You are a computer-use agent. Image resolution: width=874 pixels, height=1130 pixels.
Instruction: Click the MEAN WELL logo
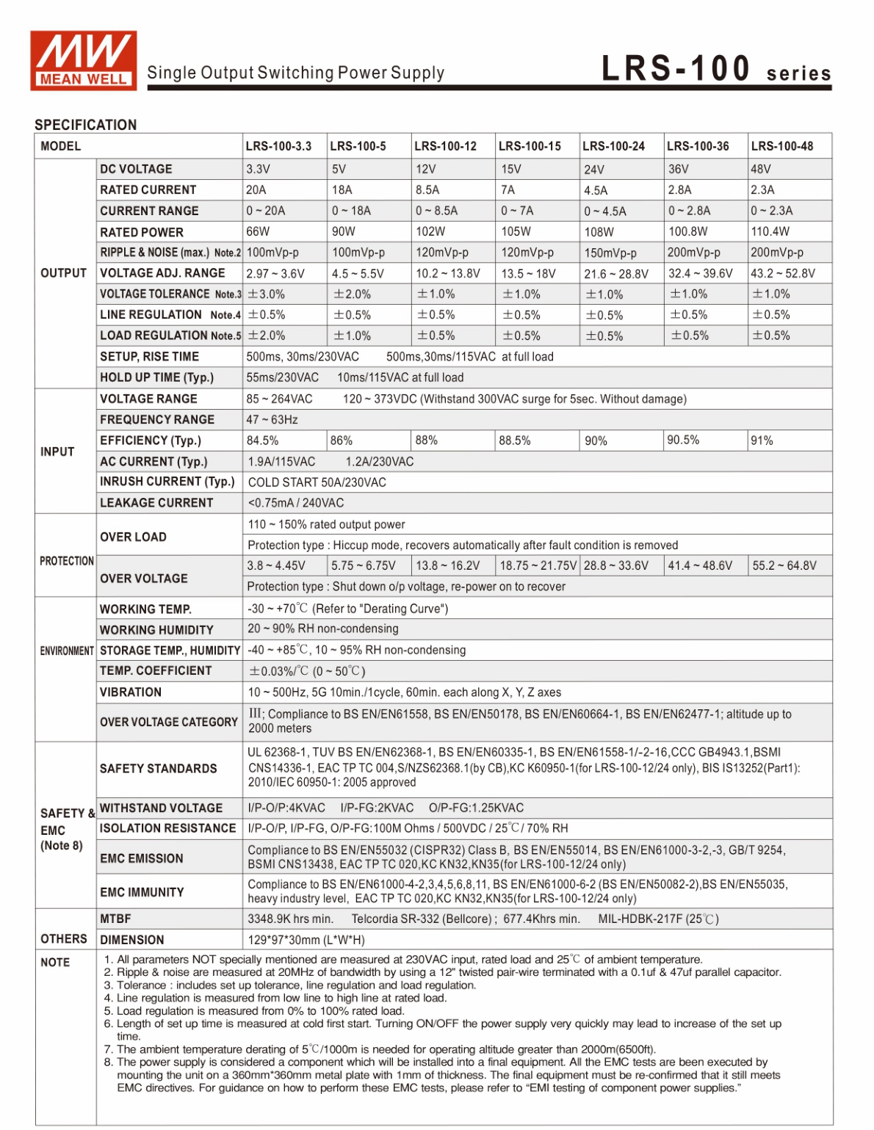[x=83, y=60]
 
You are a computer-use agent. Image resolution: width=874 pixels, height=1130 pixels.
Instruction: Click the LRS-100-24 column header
[x=613, y=146]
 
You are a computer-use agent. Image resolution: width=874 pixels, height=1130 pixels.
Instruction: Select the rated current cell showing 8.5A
[x=427, y=189]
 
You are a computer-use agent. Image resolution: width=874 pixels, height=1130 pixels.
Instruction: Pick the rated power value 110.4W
[x=770, y=231]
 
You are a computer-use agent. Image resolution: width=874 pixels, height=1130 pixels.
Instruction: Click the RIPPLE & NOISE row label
[x=170, y=253]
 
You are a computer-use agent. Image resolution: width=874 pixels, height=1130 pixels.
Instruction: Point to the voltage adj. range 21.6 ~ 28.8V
[x=615, y=274]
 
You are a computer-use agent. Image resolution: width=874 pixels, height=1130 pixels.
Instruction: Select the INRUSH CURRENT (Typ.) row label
[x=167, y=482]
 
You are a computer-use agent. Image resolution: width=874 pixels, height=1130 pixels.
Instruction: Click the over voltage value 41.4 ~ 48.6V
[x=699, y=565]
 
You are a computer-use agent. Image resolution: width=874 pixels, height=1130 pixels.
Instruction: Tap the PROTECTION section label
[x=67, y=561]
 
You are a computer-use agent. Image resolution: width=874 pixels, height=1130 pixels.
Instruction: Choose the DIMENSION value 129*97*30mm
[x=306, y=940]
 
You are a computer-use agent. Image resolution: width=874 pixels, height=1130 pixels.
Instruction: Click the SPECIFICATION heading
[x=85, y=125]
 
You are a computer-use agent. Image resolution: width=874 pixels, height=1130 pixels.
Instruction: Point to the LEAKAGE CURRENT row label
[x=156, y=503]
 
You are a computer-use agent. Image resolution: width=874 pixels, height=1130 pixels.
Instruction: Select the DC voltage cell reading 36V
[x=678, y=169]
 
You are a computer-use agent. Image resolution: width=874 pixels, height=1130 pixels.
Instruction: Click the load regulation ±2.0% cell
[x=266, y=336]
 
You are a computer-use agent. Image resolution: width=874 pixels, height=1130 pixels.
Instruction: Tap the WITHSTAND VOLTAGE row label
[x=161, y=808]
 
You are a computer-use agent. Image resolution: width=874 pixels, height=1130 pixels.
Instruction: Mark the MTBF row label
[x=115, y=919]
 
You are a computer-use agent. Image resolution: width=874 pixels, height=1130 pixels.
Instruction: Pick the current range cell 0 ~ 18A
[x=351, y=211]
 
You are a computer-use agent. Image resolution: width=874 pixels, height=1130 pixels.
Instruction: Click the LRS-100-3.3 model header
[x=278, y=146]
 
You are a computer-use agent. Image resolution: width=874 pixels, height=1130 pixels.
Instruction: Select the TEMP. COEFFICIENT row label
[x=156, y=671]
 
